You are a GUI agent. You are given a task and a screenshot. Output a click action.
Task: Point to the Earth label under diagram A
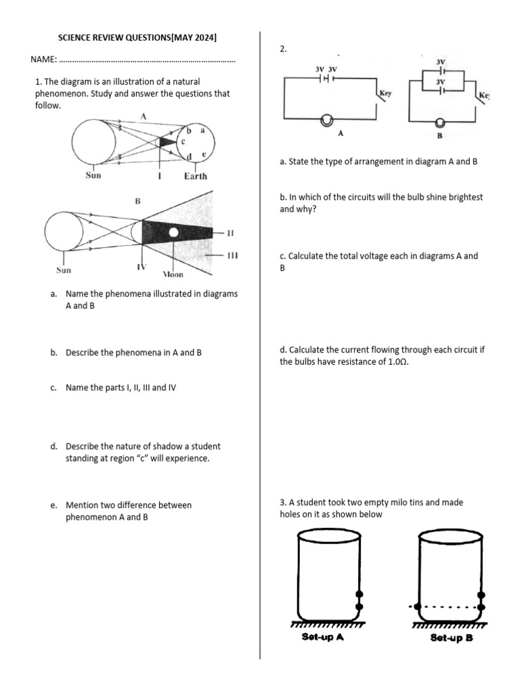point(196,176)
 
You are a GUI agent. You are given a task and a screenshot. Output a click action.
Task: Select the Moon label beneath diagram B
point(173,275)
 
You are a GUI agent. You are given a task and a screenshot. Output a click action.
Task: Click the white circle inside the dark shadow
point(174,233)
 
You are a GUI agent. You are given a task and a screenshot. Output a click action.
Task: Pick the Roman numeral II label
point(230,233)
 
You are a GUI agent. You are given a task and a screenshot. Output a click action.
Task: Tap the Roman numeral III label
point(232,255)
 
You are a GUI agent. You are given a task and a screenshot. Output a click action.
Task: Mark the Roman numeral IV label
point(142,267)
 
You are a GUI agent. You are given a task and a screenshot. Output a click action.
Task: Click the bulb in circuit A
point(327,120)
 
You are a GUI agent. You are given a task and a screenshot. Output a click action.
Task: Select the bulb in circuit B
point(440,122)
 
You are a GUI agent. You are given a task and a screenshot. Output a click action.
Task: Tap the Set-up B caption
point(451,638)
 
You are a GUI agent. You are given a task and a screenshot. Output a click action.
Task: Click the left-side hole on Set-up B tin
point(417,606)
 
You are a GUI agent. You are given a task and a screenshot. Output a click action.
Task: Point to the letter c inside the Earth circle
point(183,141)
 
